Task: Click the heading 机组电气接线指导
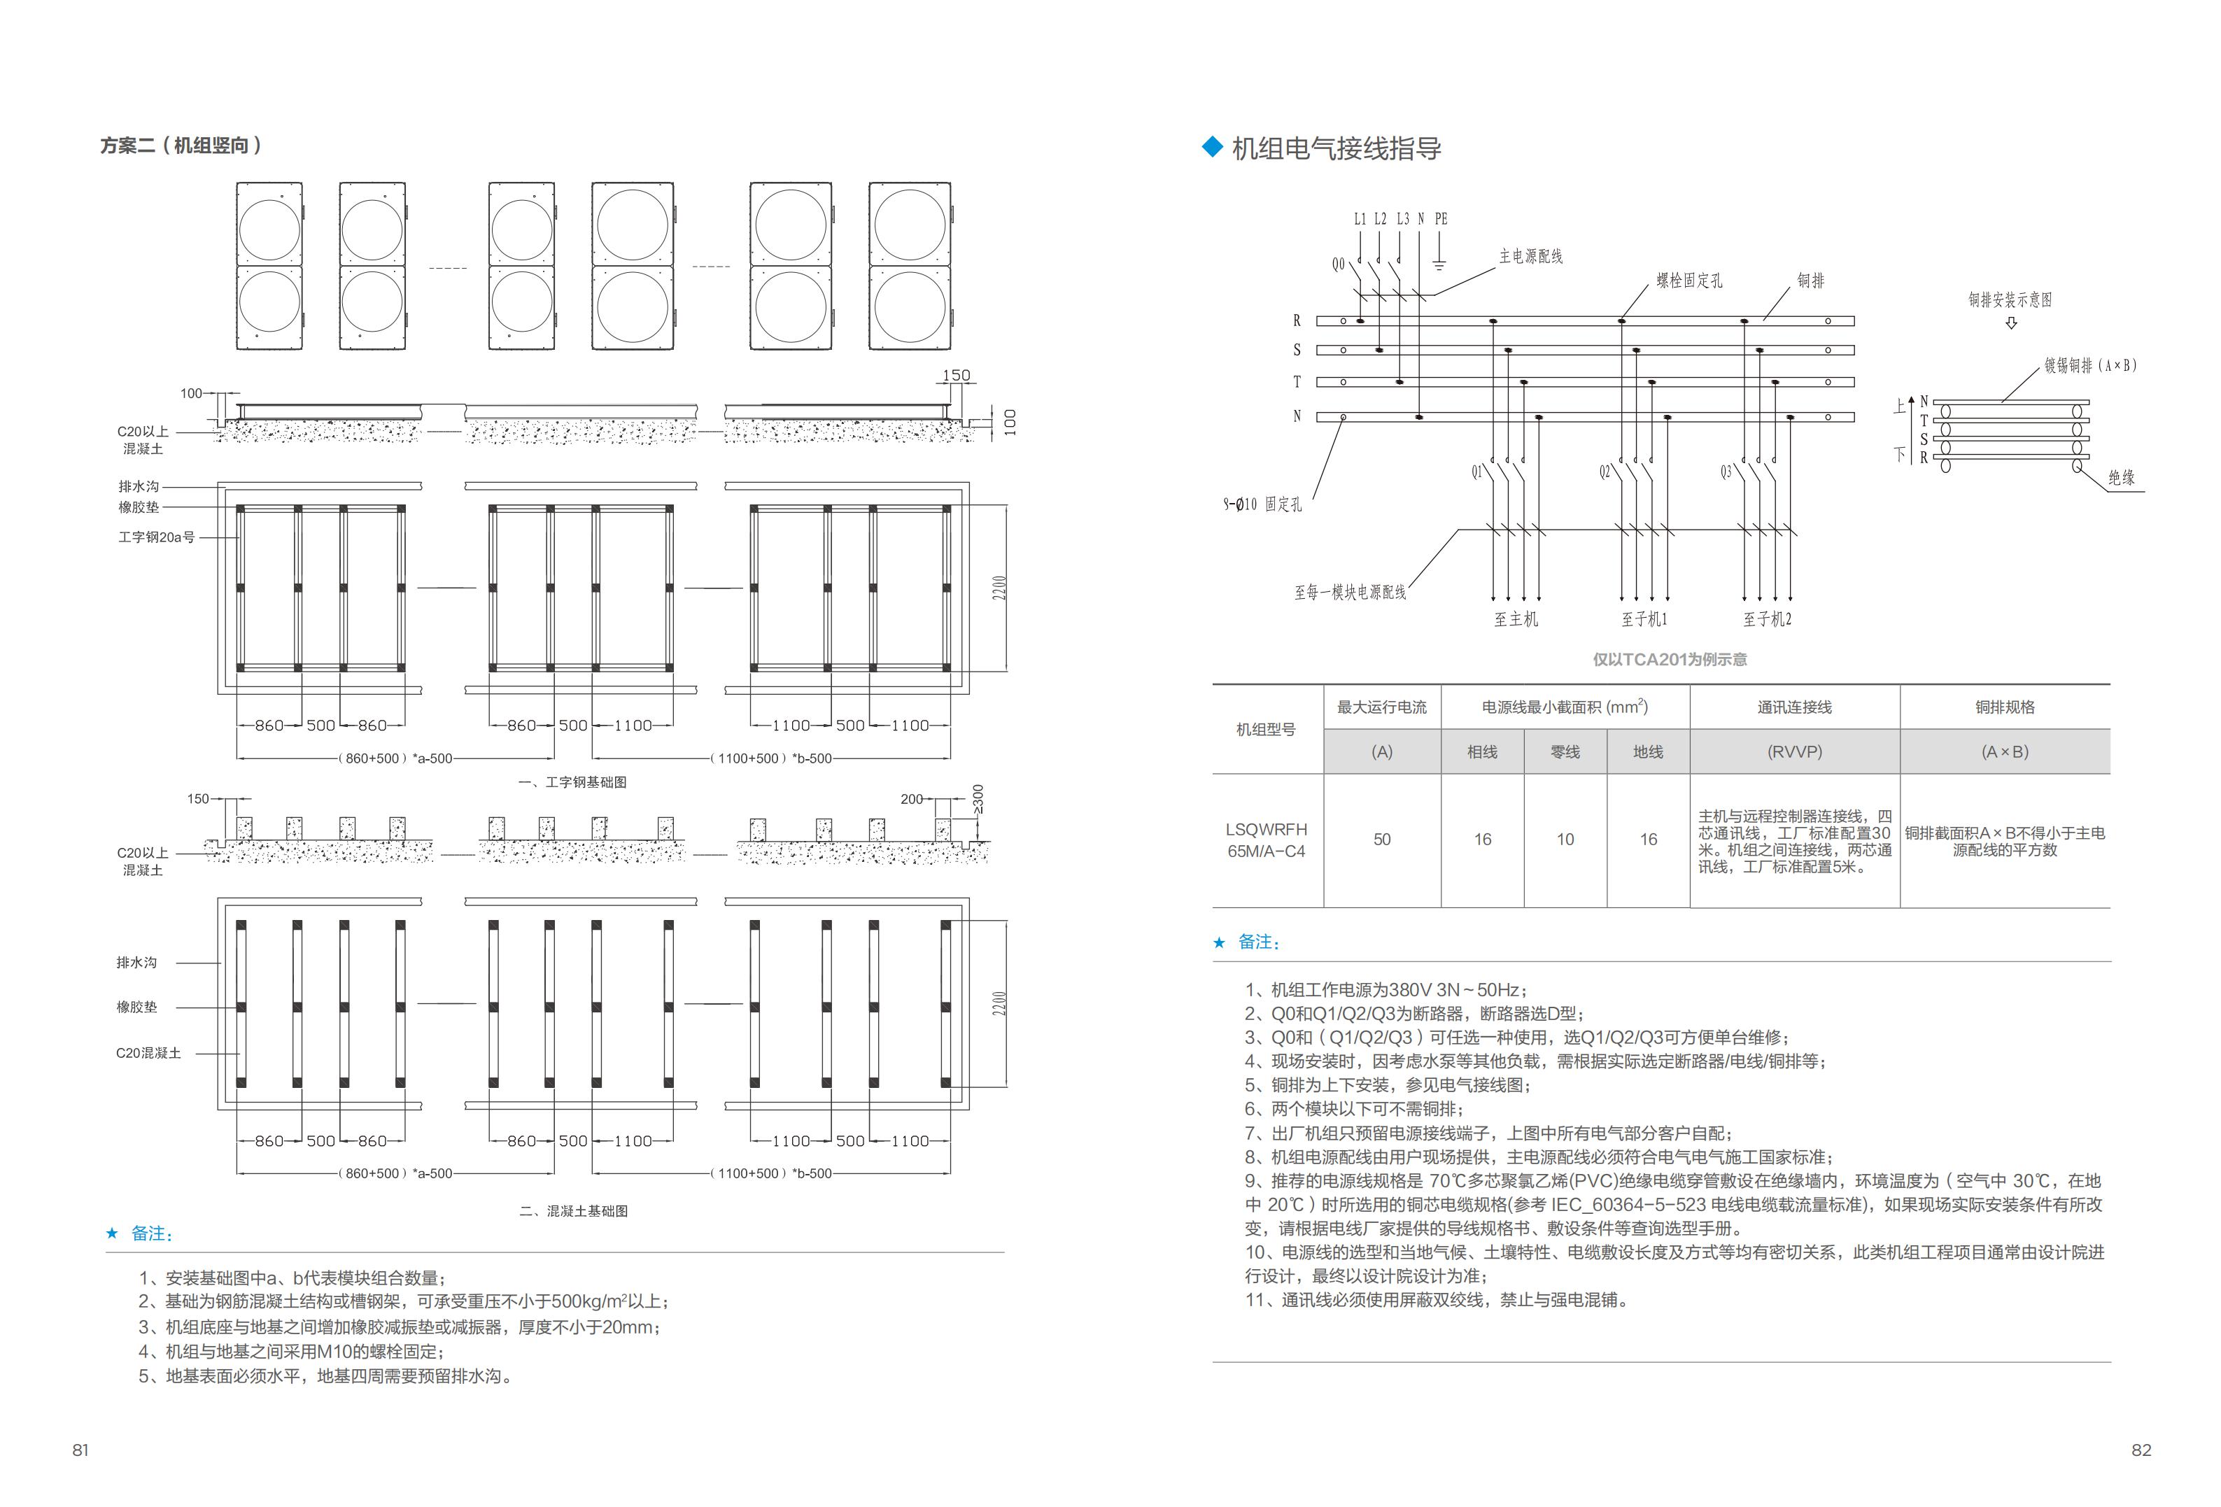coord(1335,149)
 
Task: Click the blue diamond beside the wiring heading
coord(1212,146)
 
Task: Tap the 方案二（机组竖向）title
coord(181,146)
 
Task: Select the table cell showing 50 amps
coord(1382,839)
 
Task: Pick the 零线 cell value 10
coord(1565,839)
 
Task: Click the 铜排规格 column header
coord(2004,707)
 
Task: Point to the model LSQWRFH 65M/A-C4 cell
coord(1267,840)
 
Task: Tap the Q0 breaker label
coord(1338,264)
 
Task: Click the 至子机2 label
coord(1767,619)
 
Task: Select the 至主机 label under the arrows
coord(1516,619)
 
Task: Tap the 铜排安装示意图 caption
coord(2010,300)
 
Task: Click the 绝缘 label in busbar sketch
coord(2121,477)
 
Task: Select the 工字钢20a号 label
coord(156,537)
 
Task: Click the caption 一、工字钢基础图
coord(572,781)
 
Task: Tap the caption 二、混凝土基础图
coord(573,1211)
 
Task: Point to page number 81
coord(80,1450)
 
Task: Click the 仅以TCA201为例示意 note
coord(1669,659)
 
